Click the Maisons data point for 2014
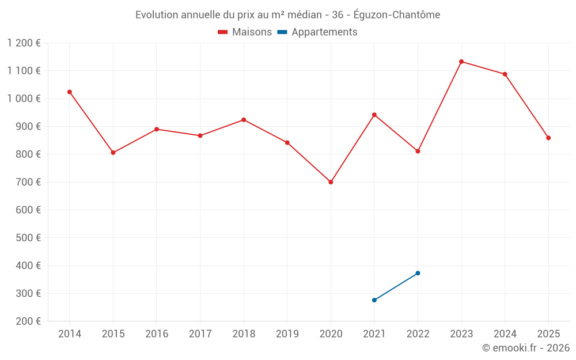[x=70, y=92]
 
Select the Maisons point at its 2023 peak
[x=461, y=62]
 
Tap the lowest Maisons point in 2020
[x=331, y=182]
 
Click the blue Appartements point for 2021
[x=374, y=300]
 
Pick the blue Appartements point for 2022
[x=418, y=273]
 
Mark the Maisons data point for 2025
[x=548, y=138]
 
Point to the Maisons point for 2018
[x=244, y=120]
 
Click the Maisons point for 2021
[x=374, y=115]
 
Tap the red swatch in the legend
[x=223, y=32]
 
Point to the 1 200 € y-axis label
[x=24, y=43]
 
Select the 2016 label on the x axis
[x=157, y=334]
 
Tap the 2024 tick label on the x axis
[x=505, y=334]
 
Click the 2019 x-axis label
[x=287, y=334]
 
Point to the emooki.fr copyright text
[x=525, y=348]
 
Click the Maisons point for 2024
[x=505, y=74]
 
